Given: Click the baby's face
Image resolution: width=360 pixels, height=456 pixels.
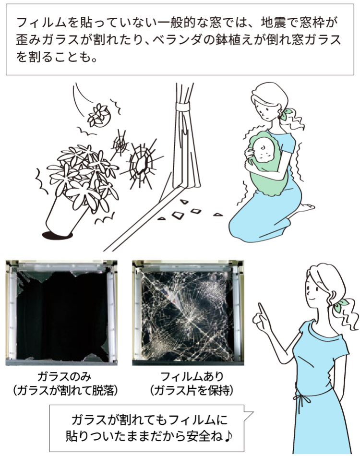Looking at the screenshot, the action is tap(263, 150).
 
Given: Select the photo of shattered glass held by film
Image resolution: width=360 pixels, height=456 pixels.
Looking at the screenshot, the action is tap(188, 312).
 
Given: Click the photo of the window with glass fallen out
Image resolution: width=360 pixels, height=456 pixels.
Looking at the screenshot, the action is tap(61, 312).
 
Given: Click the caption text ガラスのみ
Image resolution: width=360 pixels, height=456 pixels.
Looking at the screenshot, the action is tap(64, 377).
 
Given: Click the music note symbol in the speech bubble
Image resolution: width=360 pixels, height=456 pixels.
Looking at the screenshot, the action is tap(228, 436).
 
